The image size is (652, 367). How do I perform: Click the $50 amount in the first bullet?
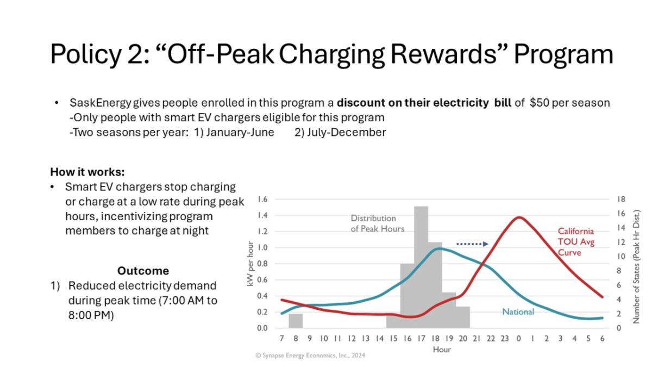pos(539,103)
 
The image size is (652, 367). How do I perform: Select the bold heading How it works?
pos(87,172)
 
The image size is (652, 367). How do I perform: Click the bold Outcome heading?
pos(143,271)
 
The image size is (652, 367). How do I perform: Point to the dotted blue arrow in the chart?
pos(472,244)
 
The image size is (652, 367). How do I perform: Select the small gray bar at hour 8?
pos(296,321)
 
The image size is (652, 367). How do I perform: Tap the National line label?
pos(518,312)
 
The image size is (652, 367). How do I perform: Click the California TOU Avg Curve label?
pos(576,242)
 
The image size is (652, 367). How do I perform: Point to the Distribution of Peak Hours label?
pos(377,223)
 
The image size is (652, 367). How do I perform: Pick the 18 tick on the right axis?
pos(622,199)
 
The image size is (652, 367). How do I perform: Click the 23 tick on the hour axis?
pos(504,339)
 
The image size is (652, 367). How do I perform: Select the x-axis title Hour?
pos(441,350)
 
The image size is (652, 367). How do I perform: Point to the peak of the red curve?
pos(519,217)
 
